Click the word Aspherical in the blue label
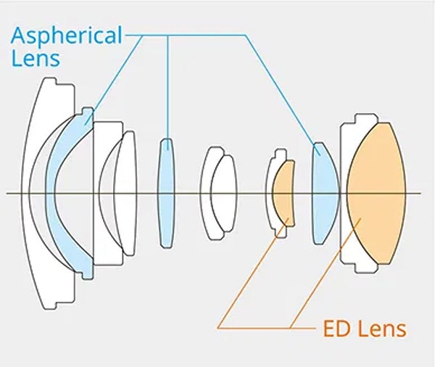pos(67,36)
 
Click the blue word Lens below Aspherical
pos(36,58)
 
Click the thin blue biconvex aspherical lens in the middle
pos(167,193)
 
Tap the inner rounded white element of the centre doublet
pos(224,193)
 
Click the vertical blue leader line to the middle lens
pos(167,92)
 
